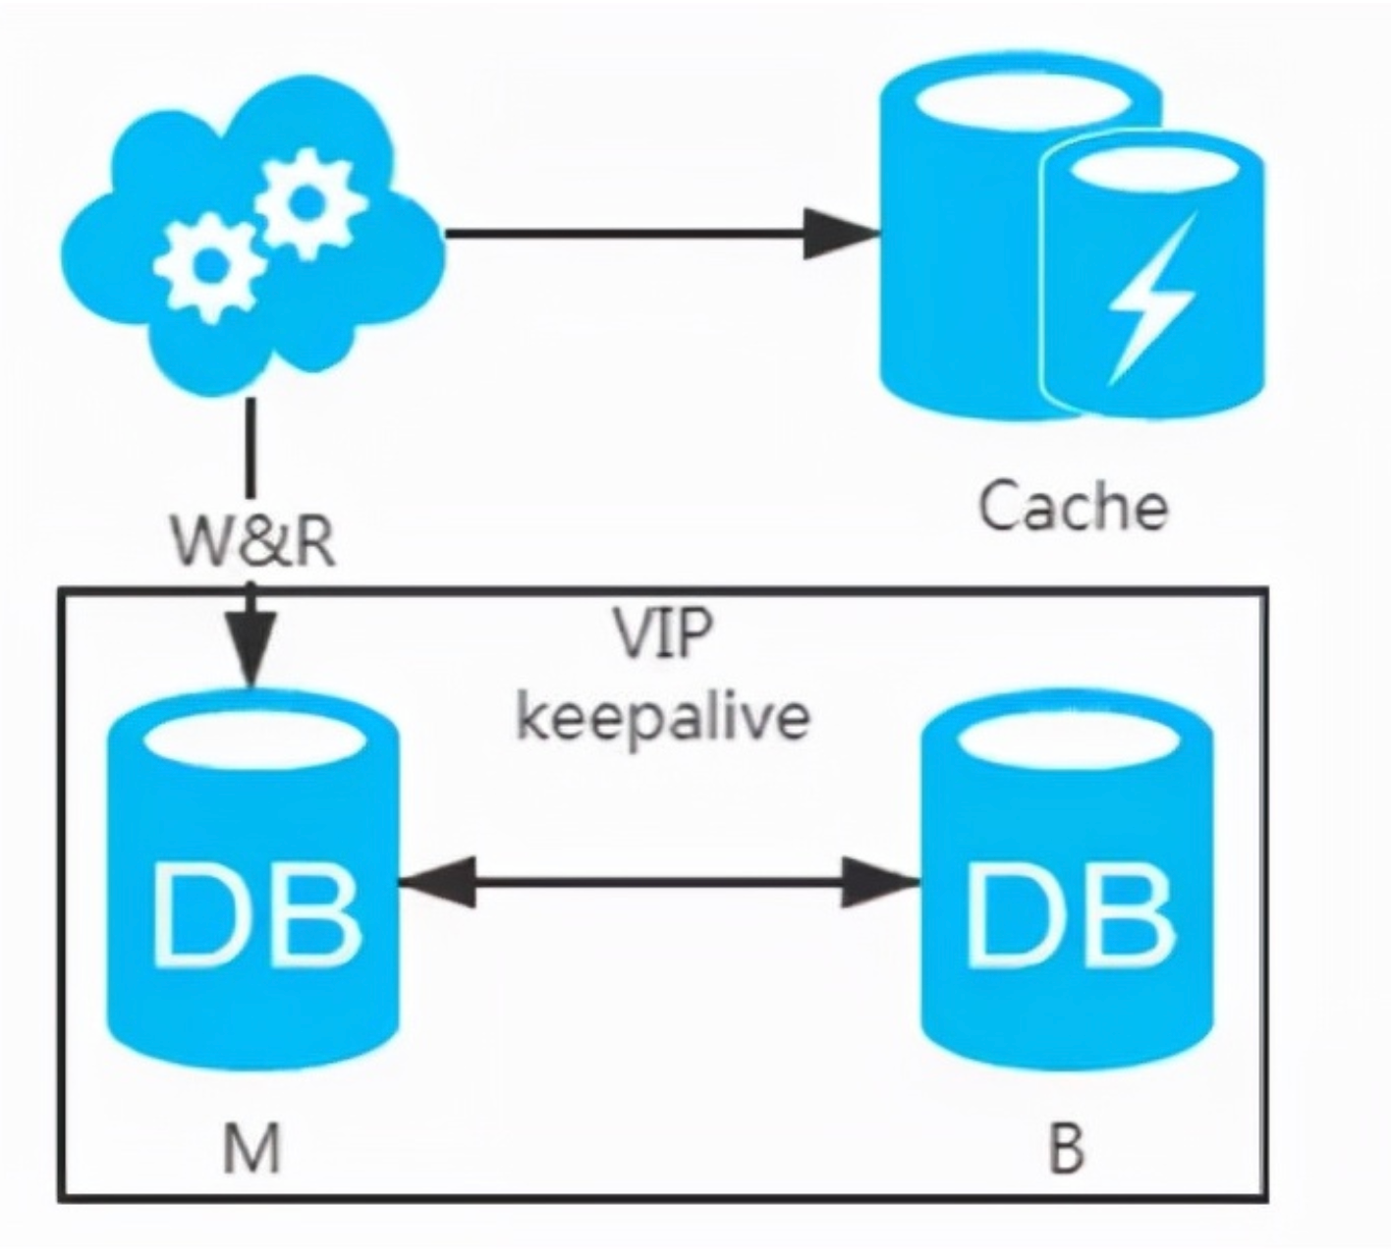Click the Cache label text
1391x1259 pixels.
(x=1073, y=508)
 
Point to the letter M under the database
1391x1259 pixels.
(x=252, y=1149)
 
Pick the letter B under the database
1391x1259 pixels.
(x=1065, y=1149)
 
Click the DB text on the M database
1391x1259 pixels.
(x=255, y=914)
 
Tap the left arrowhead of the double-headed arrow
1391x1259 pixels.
(x=438, y=882)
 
